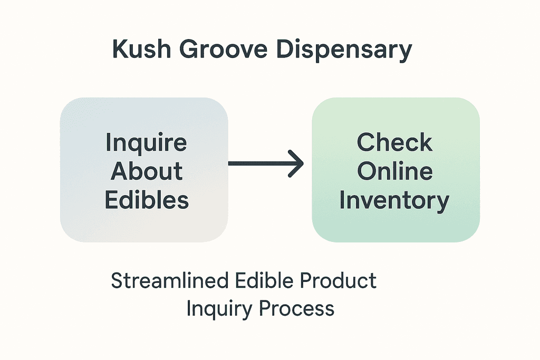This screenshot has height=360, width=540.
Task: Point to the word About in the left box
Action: (147, 171)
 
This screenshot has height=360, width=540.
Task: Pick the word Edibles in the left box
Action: (147, 200)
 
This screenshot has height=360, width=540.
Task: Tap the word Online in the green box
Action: (394, 171)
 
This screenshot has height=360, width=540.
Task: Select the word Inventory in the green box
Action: (394, 200)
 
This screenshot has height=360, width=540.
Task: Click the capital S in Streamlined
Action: (117, 281)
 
